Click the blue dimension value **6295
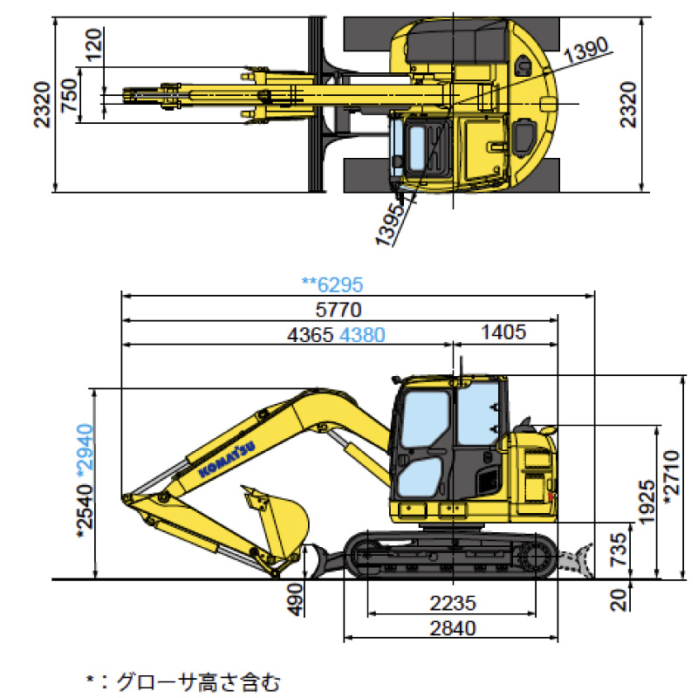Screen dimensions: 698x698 click(x=332, y=284)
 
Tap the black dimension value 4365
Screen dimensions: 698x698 click(x=310, y=334)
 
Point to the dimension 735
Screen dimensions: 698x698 click(x=617, y=550)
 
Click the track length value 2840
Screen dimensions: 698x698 click(x=453, y=627)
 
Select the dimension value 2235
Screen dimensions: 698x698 click(x=453, y=602)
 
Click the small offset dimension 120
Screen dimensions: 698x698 click(x=95, y=44)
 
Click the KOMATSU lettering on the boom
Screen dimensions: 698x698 click(x=226, y=457)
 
